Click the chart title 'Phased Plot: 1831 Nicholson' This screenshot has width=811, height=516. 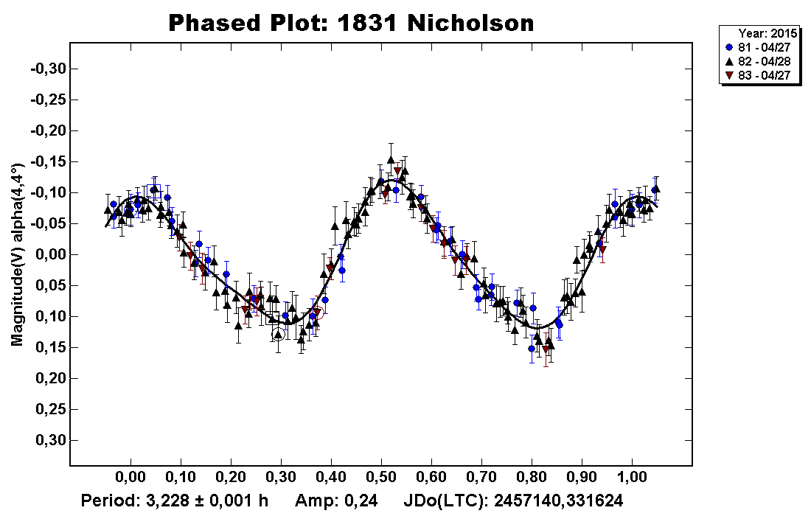[351, 23]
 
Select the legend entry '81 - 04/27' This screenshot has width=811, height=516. [760, 47]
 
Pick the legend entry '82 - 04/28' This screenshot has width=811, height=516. [760, 61]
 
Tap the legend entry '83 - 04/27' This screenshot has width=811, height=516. [760, 75]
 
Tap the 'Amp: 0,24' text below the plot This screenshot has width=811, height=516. [336, 501]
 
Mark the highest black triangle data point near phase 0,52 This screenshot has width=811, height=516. [391, 159]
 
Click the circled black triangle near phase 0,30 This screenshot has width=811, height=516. [278, 334]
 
